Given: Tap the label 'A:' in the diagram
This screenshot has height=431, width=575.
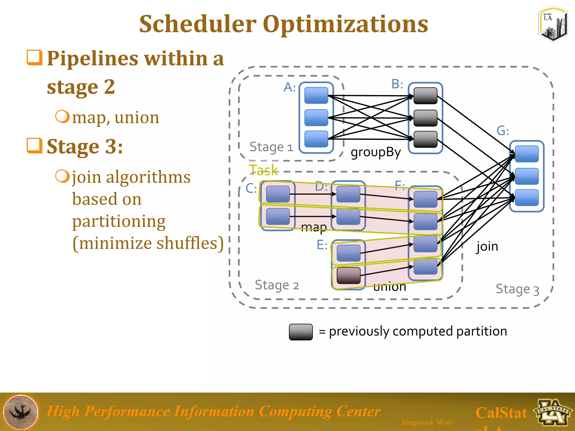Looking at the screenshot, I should point(289,87).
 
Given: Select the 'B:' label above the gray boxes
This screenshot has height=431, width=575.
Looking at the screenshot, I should point(397,84).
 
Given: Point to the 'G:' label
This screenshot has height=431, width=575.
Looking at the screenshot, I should point(503,131).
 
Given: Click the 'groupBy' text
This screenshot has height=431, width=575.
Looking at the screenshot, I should point(376,152).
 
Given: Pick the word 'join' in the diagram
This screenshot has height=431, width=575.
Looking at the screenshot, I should point(487,247).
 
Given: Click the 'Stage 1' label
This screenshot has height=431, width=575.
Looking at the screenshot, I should point(271,147).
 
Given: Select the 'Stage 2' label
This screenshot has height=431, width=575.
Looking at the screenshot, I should point(277,285).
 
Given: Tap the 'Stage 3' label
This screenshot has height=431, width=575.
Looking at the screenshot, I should point(517,289).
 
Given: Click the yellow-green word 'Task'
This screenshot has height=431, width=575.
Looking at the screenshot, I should point(263,170).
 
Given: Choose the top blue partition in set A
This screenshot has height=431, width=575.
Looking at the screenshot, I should point(316,95).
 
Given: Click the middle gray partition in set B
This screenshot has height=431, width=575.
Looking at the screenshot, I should point(425,118).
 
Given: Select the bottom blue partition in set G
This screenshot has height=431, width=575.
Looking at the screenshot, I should point(527,198).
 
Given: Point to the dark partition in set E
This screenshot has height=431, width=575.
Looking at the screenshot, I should point(348,276).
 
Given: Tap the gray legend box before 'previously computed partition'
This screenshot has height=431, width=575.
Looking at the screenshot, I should point(301,332).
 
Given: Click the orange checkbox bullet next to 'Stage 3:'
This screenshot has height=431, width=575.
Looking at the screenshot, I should point(35,146).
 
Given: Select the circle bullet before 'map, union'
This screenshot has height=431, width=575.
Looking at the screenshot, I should point(62,116).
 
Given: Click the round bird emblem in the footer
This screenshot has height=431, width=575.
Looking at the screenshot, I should point(21,412).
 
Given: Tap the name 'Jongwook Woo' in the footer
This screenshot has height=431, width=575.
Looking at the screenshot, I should point(426,422).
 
